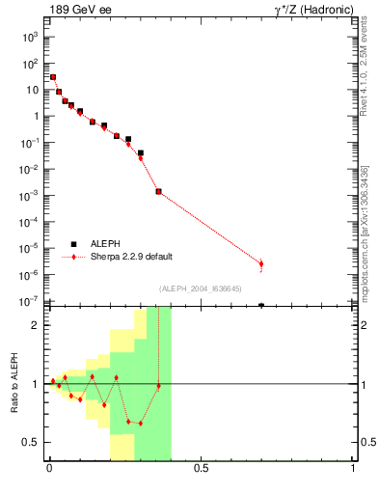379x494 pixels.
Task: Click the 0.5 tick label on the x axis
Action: coord(201,470)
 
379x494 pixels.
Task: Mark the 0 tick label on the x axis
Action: coord(48,470)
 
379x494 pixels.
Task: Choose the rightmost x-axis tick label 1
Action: coord(353,470)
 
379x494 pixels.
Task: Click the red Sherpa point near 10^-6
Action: coord(261,263)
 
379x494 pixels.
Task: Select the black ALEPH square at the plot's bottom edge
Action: coord(261,305)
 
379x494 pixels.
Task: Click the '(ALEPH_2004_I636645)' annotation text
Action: coord(201,288)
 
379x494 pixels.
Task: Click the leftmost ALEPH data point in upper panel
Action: coord(53,77)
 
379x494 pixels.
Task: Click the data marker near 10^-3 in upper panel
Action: coord(159,191)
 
